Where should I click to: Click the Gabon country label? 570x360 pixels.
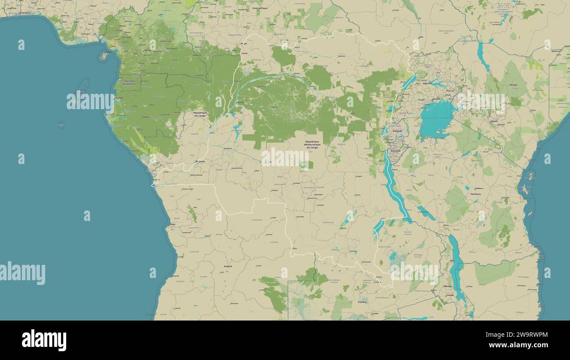(146, 117)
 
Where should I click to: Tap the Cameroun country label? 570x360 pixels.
(166, 41)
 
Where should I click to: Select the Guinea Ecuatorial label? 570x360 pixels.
(130, 82)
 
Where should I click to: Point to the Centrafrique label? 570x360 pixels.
(260, 8)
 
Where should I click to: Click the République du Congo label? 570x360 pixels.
(200, 114)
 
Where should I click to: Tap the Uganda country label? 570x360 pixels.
(427, 83)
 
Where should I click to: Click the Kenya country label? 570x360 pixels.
(513, 85)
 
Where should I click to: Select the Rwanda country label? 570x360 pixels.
(397, 131)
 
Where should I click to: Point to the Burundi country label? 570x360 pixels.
(395, 150)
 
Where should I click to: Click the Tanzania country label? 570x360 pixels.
(475, 194)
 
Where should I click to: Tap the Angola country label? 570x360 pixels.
(228, 266)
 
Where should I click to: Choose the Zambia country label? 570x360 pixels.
(362, 302)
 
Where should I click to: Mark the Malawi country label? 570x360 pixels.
(448, 286)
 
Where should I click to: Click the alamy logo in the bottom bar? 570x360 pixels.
(44, 341)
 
